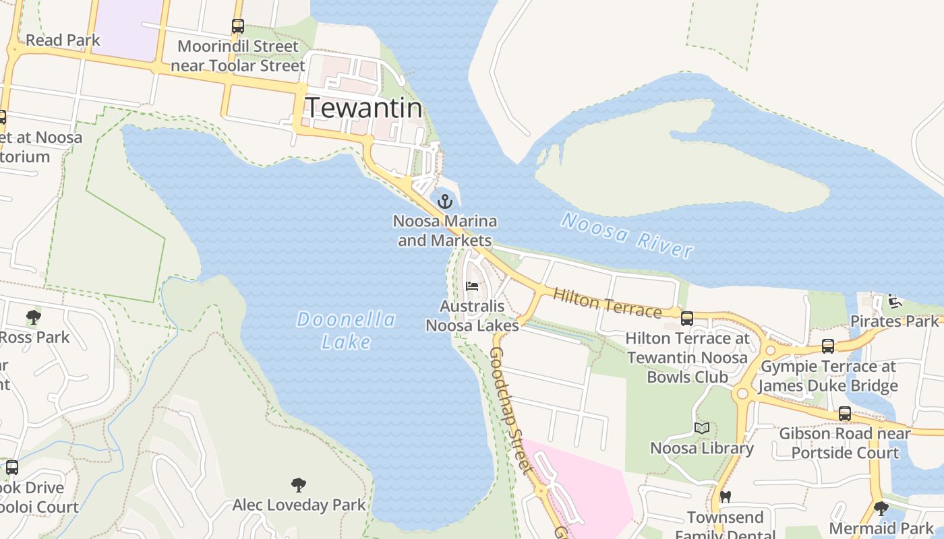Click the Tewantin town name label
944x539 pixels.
(x=364, y=108)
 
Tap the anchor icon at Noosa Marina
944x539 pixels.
(x=444, y=201)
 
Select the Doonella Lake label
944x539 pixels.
(x=346, y=330)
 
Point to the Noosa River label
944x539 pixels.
(x=627, y=234)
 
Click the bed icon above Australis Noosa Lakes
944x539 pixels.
(x=472, y=286)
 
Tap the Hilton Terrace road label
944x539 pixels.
(x=607, y=303)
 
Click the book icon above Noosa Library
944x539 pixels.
(x=702, y=428)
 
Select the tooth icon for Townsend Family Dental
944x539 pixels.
(x=726, y=497)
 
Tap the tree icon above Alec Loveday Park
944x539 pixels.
(x=299, y=484)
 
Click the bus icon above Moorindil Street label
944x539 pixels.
(x=237, y=26)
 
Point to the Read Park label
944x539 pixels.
(x=63, y=40)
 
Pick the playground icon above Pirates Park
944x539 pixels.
(x=895, y=301)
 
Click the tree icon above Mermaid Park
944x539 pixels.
(x=881, y=508)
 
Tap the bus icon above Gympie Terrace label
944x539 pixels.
(x=828, y=346)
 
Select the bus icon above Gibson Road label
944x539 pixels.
(x=844, y=414)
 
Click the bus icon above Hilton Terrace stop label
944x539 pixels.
(x=687, y=318)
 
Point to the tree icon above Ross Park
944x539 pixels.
(x=33, y=317)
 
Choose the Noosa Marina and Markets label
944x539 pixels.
(x=445, y=230)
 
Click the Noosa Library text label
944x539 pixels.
(x=702, y=448)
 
